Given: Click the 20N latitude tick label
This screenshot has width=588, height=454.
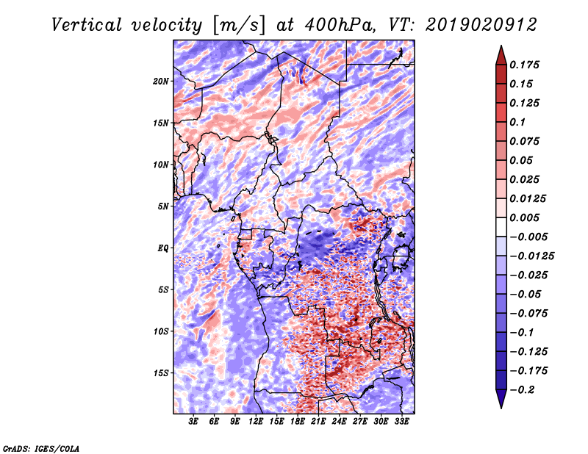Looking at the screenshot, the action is coord(161,82).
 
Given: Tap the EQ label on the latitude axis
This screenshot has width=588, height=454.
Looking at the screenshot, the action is coord(162,248).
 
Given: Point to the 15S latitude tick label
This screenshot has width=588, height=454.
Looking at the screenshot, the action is coord(161,373).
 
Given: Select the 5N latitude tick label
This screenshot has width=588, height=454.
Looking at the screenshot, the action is coord(163,206).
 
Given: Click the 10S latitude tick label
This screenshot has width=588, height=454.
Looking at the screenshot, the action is coord(161,332).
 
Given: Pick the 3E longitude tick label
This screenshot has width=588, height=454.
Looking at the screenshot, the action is coord(193,422).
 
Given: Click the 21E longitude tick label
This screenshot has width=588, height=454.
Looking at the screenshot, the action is coord(318,422).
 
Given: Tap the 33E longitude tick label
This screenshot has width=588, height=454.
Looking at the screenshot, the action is coord(401,422).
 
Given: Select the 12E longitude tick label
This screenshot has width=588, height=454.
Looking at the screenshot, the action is coord(256,422).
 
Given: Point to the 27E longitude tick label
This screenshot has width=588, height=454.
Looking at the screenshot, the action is coord(359,422).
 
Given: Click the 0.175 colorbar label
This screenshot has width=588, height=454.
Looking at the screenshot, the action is coord(524,65).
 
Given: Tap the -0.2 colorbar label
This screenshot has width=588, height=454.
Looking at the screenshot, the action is coord(522,390).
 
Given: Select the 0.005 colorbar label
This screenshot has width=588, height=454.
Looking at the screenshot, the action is coord(524,217).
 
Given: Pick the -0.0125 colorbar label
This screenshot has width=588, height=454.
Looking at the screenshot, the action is coord(531,256).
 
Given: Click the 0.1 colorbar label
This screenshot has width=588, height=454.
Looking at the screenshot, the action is coord(517,122).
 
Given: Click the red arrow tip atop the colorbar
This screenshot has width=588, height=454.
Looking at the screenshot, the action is coord(501,46).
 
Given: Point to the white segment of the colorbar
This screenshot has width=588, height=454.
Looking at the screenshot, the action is coord(501,227).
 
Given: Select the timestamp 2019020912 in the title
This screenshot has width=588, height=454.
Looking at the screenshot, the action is coord(481,25).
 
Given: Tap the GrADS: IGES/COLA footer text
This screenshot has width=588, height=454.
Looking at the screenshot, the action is coord(41,449).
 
